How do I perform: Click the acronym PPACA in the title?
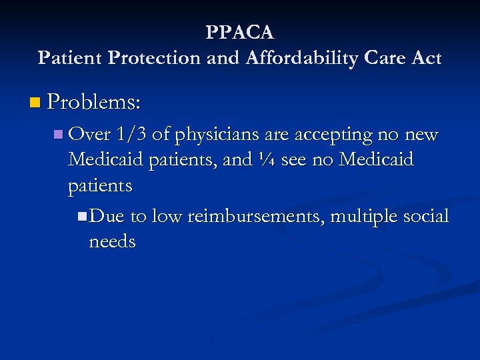pos(240,33)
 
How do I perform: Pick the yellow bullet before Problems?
pos(35,103)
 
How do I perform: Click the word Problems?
pos(95,102)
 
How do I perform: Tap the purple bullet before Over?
pos(59,135)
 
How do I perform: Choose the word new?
pos(421,135)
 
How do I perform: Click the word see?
pos(294,161)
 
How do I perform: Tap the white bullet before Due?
pos(81,216)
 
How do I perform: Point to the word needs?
pos(112,241)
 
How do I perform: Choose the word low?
pos(166,216)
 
